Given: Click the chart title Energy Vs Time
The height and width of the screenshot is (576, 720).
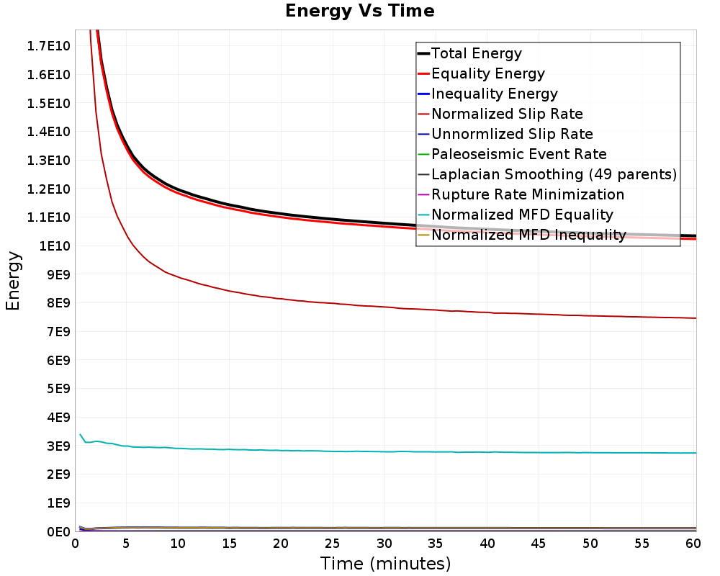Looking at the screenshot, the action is click(359, 11).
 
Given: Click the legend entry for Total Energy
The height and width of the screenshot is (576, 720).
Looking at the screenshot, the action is click(476, 53).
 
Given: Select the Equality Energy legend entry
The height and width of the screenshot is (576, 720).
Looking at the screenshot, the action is click(487, 73).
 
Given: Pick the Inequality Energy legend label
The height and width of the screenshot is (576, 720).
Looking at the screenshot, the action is click(495, 94).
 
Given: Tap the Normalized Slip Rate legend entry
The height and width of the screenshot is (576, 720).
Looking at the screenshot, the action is click(507, 114).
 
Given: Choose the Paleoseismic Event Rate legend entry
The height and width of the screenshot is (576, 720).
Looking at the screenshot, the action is click(519, 154).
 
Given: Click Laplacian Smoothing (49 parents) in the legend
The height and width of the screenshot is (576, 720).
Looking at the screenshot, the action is click(554, 174).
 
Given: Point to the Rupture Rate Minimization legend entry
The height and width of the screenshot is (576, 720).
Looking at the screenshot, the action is click(528, 194).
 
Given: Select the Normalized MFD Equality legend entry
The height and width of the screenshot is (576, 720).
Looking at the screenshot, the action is click(522, 215).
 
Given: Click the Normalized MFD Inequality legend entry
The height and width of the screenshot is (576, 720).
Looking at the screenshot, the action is click(528, 235).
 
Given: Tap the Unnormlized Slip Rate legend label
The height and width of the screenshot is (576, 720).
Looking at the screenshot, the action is click(512, 134).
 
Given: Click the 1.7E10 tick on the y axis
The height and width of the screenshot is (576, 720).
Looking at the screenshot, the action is click(48, 46).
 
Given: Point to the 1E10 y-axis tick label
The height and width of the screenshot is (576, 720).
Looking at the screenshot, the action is click(55, 246).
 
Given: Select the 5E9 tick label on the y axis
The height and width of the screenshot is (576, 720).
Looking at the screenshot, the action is click(58, 389).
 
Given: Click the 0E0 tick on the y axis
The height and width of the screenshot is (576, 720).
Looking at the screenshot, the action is click(58, 531).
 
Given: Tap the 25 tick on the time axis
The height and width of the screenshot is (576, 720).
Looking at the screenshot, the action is click(332, 544).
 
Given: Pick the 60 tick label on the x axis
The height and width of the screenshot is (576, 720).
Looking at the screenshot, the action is click(693, 544).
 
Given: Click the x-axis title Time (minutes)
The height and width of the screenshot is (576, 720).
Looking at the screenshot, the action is click(385, 564).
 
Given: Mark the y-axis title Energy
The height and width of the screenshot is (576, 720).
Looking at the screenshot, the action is click(13, 281).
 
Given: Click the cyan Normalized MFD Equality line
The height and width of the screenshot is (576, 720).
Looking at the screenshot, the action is click(386, 451).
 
